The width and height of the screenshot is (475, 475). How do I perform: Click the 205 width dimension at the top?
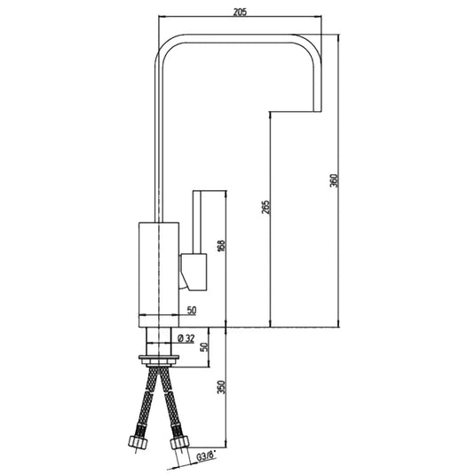point(239,11)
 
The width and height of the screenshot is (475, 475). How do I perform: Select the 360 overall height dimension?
point(333,180)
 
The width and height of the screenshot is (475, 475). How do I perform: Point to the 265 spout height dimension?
point(266,208)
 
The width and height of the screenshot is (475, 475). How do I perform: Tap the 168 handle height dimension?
point(221,246)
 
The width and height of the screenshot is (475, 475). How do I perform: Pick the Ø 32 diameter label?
point(186,337)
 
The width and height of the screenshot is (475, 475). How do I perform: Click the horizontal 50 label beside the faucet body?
point(190,311)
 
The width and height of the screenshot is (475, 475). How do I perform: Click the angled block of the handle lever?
point(194,271)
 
